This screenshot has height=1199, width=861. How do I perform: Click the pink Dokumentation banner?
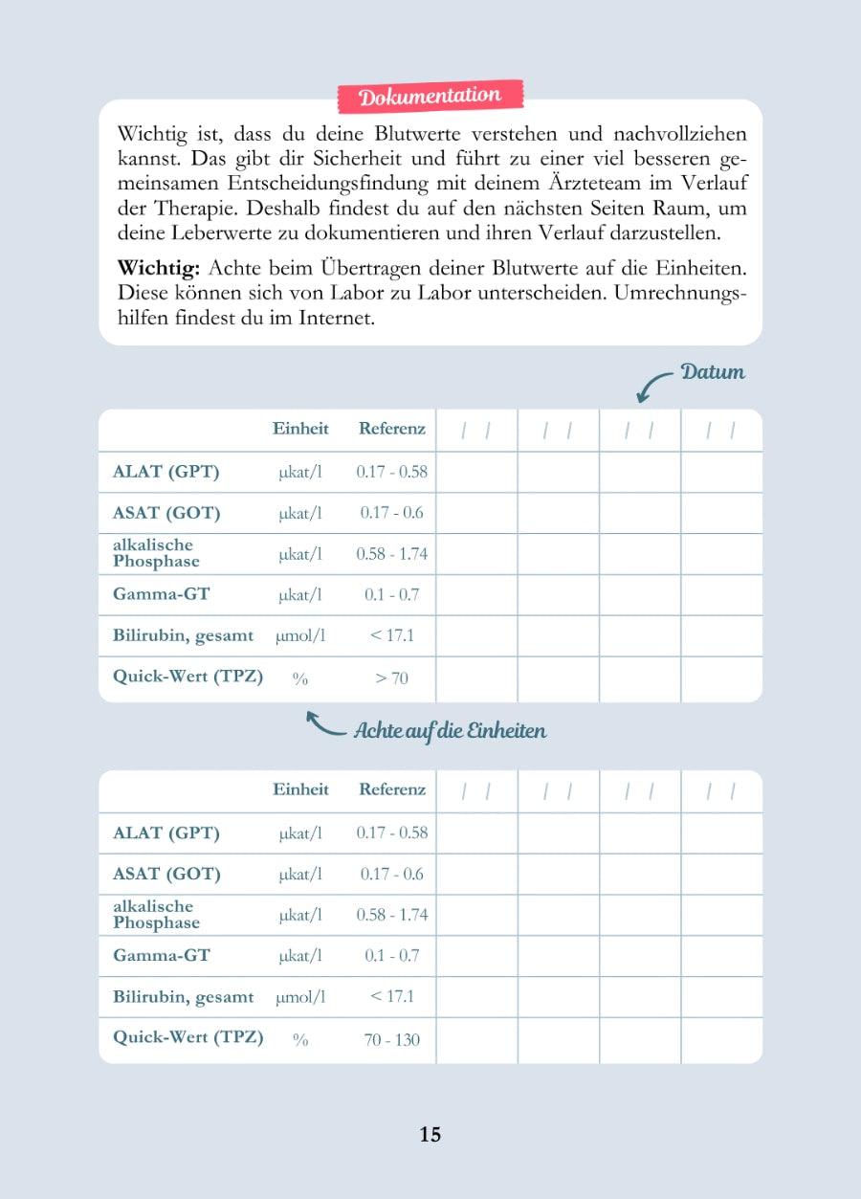tap(430, 96)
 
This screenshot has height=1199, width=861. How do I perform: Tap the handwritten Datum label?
tap(713, 371)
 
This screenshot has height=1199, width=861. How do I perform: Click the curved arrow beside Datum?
tap(654, 386)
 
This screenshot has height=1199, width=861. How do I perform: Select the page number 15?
tap(430, 1134)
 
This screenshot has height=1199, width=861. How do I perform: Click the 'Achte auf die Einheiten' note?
tap(450, 731)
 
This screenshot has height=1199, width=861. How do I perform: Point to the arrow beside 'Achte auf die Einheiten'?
tap(324, 723)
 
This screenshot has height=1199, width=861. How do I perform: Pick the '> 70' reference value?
tap(391, 677)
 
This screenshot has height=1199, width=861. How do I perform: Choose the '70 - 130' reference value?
tap(391, 1039)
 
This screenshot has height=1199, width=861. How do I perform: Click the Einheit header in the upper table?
tap(300, 429)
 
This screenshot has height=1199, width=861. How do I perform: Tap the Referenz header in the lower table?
tap(391, 789)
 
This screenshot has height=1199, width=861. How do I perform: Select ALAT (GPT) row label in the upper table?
tap(166, 472)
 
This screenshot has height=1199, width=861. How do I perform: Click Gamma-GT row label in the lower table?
tap(162, 955)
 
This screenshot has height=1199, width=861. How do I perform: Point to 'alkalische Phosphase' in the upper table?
tap(156, 553)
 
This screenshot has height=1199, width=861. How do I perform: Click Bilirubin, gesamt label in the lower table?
tap(184, 997)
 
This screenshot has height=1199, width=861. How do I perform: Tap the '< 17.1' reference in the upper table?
tap(391, 635)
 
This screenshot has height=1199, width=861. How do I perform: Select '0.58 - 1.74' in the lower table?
tap(391, 915)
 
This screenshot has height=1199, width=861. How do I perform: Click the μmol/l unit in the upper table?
tap(300, 635)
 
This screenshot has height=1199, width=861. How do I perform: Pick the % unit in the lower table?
tap(300, 1040)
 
